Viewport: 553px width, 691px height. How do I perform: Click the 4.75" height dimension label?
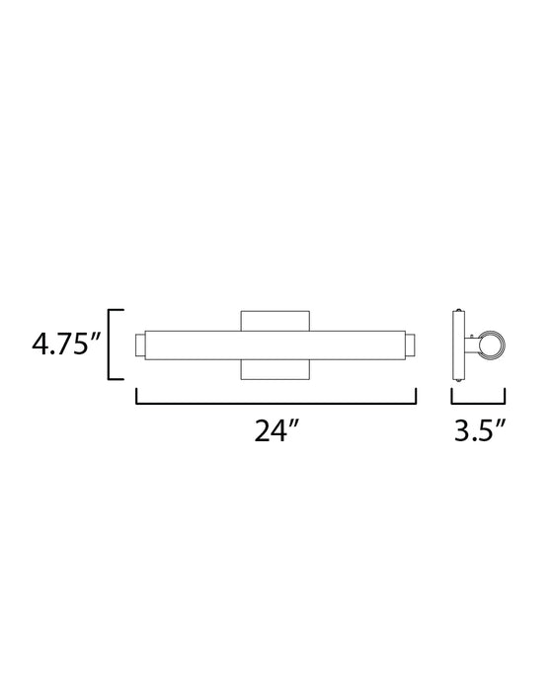click(x=66, y=345)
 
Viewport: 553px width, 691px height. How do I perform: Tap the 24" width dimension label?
click(x=276, y=430)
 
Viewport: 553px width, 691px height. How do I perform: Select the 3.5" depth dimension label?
click(x=480, y=430)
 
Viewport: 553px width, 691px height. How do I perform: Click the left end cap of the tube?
click(x=140, y=345)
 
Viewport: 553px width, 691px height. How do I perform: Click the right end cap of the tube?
click(x=410, y=345)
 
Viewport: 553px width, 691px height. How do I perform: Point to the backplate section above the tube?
click(x=276, y=321)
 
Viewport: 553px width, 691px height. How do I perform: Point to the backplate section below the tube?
click(x=276, y=369)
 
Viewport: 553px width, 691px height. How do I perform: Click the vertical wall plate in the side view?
click(x=458, y=345)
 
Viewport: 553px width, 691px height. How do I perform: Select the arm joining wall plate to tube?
click(x=472, y=345)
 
